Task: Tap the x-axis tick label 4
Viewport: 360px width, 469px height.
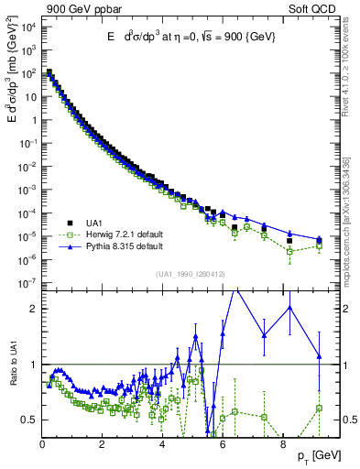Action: click(x=162, y=444)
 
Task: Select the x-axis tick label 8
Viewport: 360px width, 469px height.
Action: click(x=281, y=444)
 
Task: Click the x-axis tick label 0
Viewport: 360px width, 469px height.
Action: click(x=43, y=444)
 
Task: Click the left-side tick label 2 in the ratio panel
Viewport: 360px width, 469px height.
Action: click(x=33, y=309)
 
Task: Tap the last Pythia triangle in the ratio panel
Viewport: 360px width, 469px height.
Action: click(x=320, y=356)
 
